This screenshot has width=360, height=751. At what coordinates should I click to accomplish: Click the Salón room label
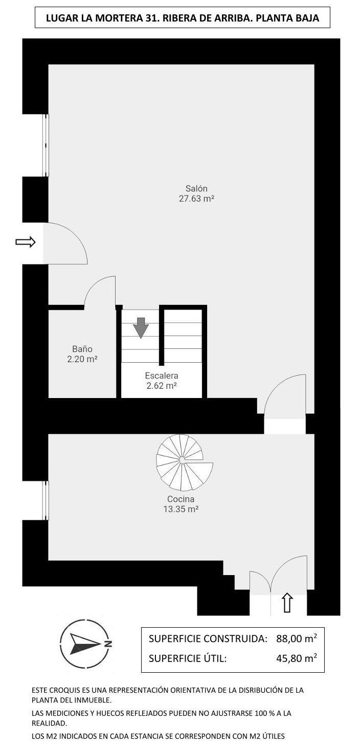[196, 188]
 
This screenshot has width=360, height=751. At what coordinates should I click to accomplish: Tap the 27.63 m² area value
[196, 199]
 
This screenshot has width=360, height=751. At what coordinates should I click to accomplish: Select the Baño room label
[82, 349]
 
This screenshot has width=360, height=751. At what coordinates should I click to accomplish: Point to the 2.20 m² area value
[82, 360]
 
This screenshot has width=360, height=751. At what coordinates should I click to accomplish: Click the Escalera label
[162, 376]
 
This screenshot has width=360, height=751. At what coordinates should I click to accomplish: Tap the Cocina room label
[181, 499]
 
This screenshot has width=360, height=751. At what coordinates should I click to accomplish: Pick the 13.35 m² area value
[181, 510]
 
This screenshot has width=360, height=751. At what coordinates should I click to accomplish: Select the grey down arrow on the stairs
[141, 327]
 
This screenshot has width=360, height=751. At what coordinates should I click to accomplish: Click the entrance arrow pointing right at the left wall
[26, 242]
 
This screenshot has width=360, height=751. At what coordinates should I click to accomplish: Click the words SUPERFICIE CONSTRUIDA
[208, 639]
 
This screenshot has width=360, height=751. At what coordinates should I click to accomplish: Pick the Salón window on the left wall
[46, 145]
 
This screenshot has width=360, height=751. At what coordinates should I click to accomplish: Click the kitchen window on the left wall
[46, 500]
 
